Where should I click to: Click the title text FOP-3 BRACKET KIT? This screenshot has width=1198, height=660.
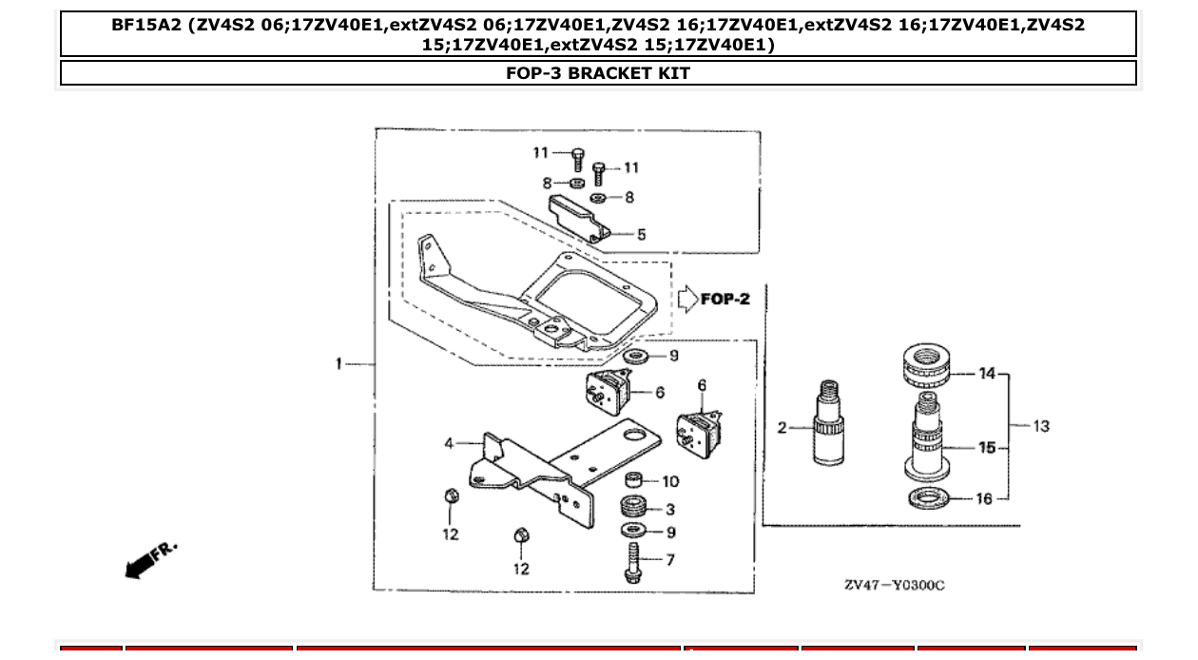(598, 73)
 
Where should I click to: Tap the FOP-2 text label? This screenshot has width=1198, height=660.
(725, 300)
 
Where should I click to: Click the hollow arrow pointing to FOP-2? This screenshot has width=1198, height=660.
(686, 300)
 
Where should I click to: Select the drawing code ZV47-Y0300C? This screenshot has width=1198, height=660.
(894, 584)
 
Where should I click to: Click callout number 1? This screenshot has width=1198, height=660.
(338, 363)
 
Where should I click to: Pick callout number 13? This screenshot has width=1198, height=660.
(1041, 426)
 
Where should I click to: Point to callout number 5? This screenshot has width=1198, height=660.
(641, 234)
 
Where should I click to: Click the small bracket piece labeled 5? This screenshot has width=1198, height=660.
(576, 216)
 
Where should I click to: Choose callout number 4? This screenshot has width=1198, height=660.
(449, 443)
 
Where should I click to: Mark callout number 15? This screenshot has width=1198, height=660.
(987, 447)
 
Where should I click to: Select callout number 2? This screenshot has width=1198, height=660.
(783, 428)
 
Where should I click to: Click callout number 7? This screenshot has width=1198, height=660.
(669, 559)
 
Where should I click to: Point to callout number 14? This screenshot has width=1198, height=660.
(987, 374)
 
